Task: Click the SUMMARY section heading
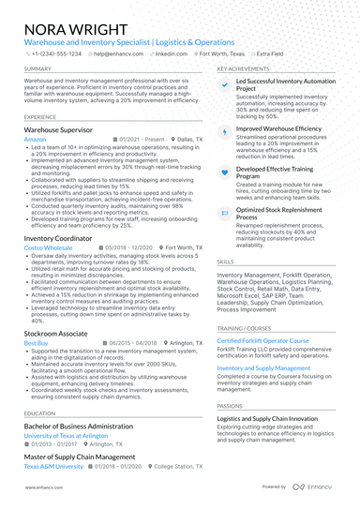coord(37,69)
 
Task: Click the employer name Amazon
coord(35,138)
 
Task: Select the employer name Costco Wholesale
coord(48,247)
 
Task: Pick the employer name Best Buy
coord(37,344)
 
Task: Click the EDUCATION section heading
coord(40,412)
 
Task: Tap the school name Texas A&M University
coord(52,465)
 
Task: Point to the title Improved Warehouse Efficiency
coord(278,127)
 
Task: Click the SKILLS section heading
coord(226,262)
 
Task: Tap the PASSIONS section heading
coord(230,406)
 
